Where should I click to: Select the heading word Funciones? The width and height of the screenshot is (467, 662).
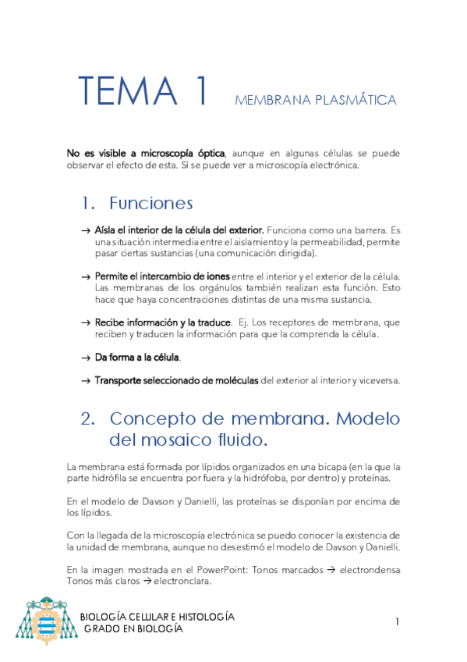pos(150,204)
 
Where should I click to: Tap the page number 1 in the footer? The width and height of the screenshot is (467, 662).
pos(397,621)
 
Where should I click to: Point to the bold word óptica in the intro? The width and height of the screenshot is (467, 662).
pos(207,153)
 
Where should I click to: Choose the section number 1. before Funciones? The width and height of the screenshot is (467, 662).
pos(88,204)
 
